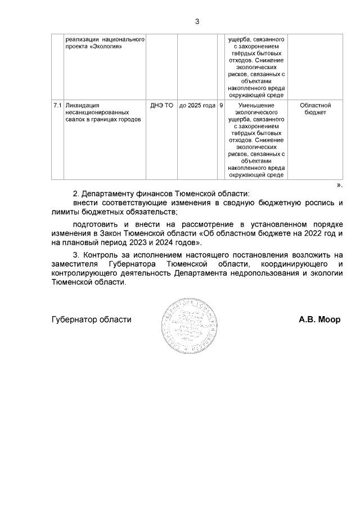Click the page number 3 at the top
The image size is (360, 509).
[197, 22]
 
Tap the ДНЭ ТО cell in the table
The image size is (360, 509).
[162, 105]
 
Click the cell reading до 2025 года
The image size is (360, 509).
[197, 105]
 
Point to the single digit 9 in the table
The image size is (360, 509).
[221, 105]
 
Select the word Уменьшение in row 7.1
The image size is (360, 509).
[256, 105]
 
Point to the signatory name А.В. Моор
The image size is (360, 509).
[319, 319]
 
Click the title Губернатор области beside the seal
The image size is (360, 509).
[91, 319]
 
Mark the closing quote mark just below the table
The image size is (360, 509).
[339, 184]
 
